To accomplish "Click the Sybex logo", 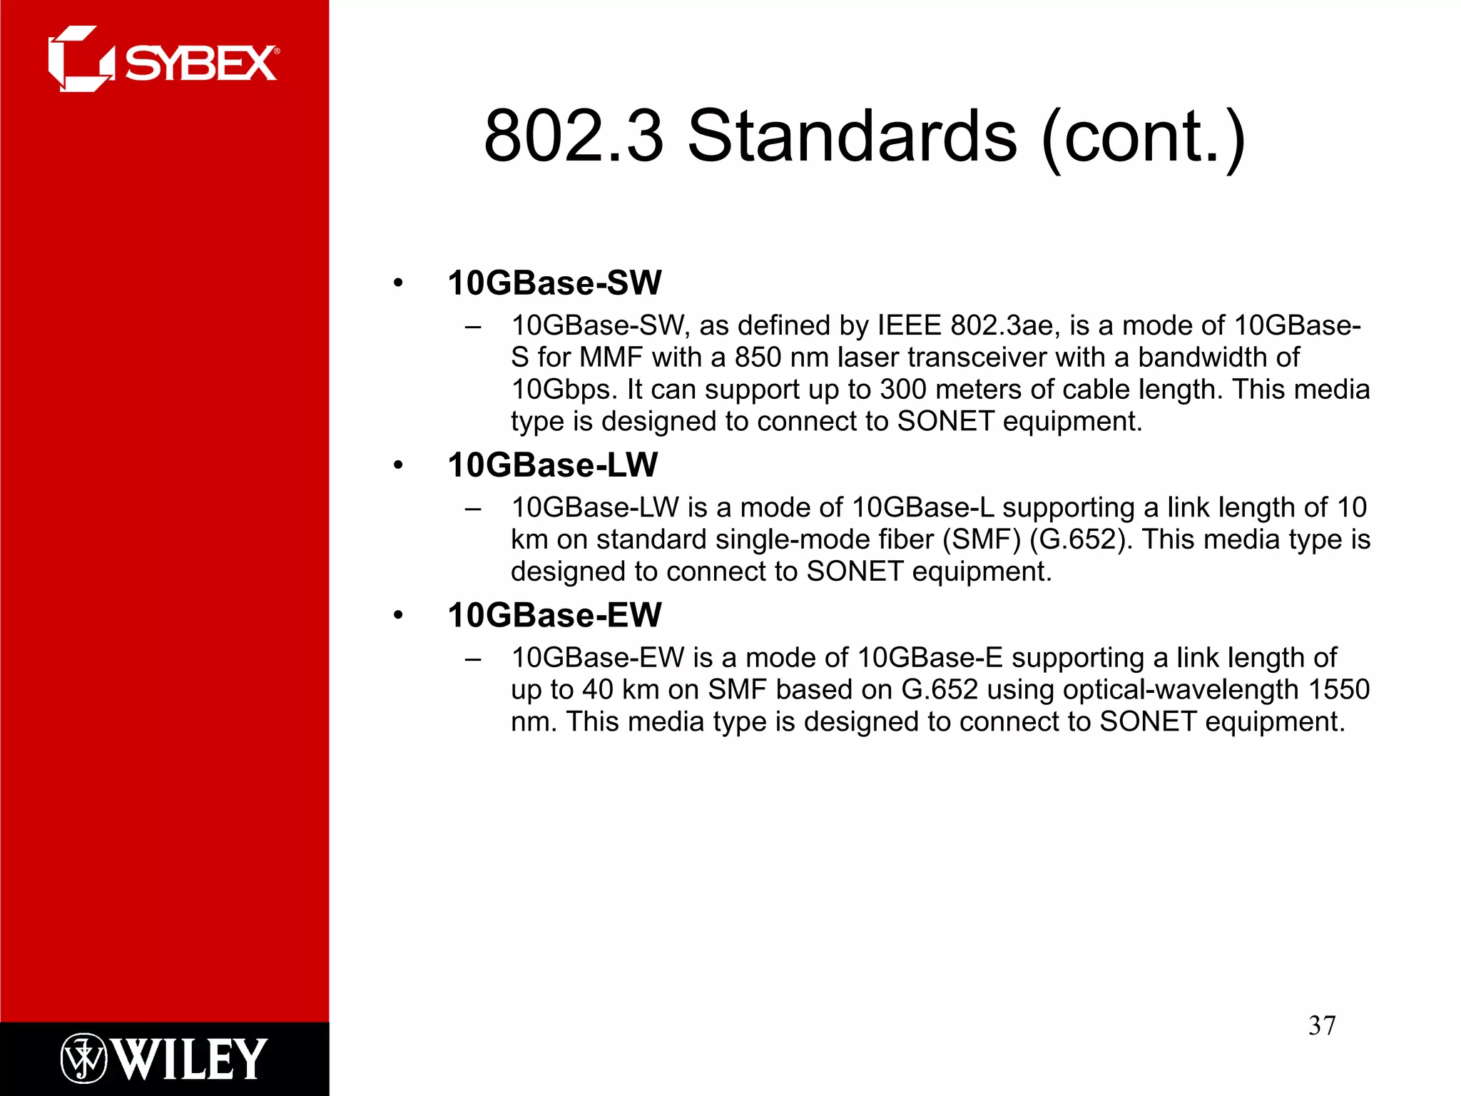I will point(163,60).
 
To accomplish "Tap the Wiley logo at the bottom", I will point(163,1058).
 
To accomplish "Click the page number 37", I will point(1321,1025).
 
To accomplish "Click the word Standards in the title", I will point(852,136).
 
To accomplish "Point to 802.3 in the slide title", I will point(574,136).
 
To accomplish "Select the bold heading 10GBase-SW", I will point(554,283).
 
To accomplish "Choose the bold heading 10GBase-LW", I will point(552,465).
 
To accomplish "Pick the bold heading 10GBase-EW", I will point(554,615).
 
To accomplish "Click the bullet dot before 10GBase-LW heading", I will point(398,466).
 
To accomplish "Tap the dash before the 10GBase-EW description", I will point(472,659).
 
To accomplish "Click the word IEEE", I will point(910,325).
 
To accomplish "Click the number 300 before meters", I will point(904,390).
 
